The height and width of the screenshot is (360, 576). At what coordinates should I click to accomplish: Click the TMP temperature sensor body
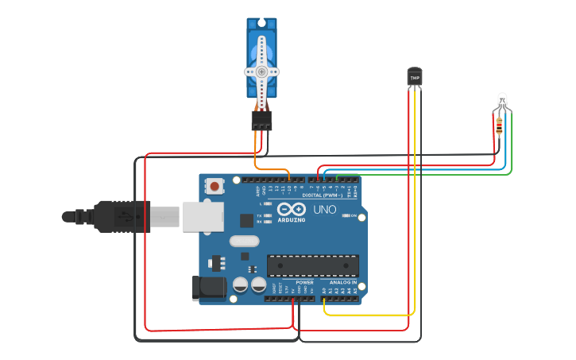414,77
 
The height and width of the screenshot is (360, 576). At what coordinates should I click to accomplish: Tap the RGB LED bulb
501,100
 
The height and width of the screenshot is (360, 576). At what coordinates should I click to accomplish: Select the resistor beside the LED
499,125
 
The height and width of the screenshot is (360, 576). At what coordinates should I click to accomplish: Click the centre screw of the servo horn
261,71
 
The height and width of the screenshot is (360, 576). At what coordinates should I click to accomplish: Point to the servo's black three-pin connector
261,120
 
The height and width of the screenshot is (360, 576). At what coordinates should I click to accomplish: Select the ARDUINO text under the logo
292,219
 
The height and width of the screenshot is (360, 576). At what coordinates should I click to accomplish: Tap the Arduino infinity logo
292,208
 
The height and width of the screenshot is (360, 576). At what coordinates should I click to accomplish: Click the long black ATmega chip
312,265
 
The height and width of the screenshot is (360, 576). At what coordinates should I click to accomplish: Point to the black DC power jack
203,288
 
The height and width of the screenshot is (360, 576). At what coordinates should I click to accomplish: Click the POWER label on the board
304,282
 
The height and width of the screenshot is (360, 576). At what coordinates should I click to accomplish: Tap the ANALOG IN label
342,282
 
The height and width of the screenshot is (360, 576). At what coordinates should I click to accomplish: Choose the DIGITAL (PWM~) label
322,195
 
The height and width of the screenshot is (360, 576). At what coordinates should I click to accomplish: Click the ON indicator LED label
354,215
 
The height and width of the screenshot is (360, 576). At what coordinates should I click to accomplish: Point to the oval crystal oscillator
244,241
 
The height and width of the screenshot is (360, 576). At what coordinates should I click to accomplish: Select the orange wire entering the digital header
289,176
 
